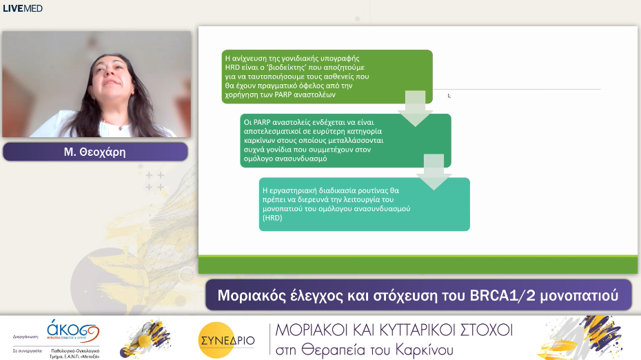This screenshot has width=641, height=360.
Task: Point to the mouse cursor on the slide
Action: [x=449, y=96]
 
